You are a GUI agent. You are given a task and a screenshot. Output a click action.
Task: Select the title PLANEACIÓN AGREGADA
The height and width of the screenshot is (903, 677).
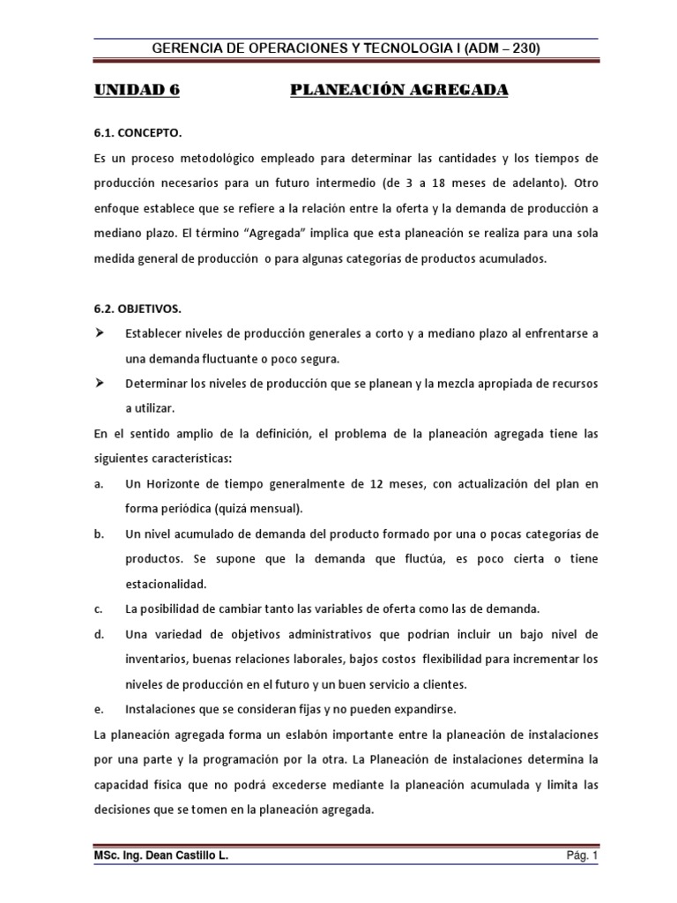399,91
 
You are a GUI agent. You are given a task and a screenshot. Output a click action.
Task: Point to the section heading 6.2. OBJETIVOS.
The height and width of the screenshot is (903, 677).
138,308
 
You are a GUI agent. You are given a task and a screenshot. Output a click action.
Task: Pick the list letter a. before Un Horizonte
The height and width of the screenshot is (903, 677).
97,484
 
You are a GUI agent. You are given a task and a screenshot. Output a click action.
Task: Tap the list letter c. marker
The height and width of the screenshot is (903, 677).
97,609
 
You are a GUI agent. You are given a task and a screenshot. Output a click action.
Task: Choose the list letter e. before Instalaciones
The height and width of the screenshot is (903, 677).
97,709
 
